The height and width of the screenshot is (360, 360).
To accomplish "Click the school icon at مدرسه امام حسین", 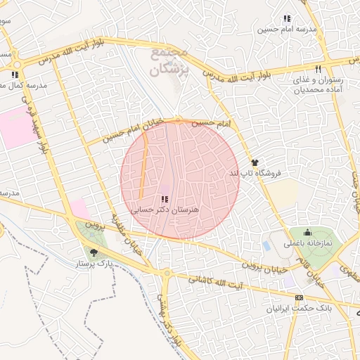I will pos(286,18).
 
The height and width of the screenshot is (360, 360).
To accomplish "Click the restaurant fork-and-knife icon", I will pos(318,69).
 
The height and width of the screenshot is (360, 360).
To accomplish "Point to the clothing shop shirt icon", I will pos(254,162).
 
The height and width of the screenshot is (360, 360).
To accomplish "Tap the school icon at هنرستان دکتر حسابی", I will pos(165,200).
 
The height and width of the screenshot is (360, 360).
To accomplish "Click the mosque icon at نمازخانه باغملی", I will pos(307,233).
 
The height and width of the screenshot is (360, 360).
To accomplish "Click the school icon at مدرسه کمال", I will pos(15,74).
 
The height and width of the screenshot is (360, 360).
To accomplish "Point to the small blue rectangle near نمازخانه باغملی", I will pos(266,246).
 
